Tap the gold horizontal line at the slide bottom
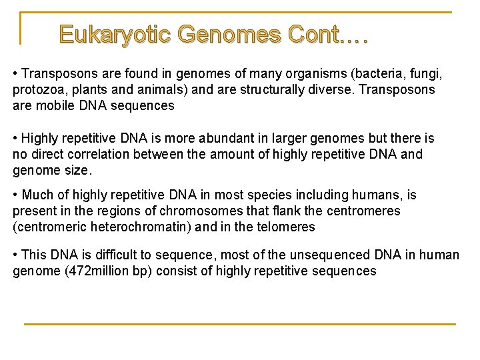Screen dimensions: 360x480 (x=239, y=324)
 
